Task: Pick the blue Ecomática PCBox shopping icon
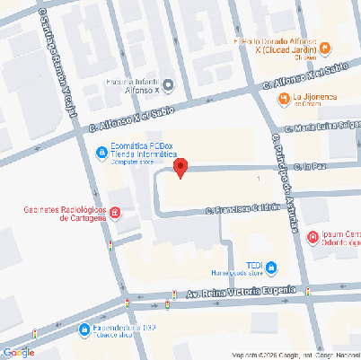[101, 151]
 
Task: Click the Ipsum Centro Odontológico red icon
[312, 238]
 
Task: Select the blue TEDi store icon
[271, 266]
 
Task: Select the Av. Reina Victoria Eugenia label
[240, 293]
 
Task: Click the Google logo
[18, 351]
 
